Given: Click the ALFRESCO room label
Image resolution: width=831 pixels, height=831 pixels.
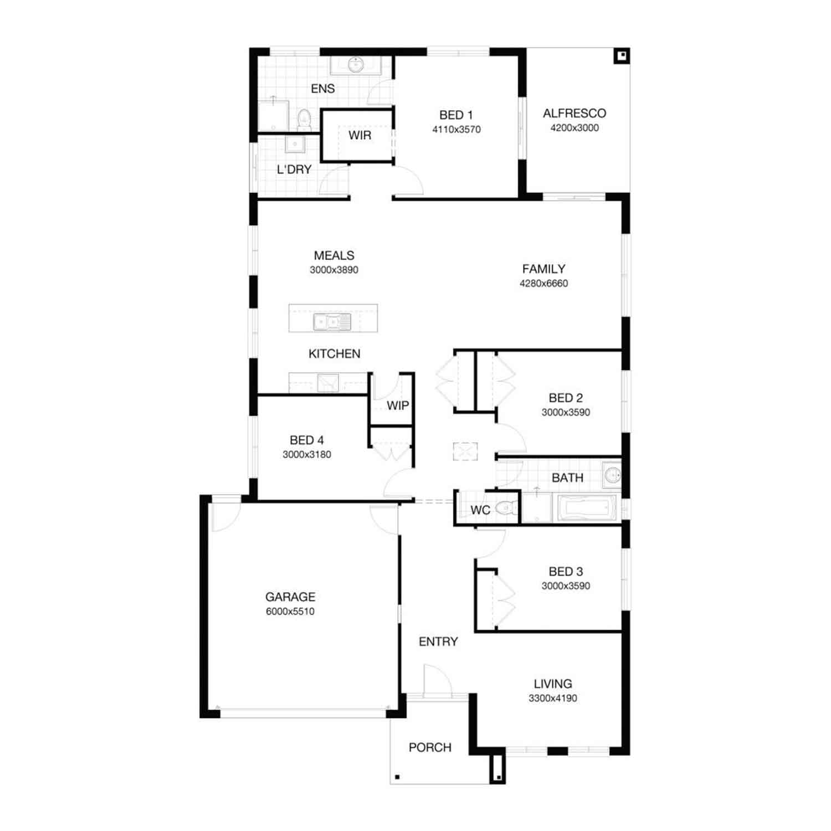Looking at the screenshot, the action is (x=574, y=114).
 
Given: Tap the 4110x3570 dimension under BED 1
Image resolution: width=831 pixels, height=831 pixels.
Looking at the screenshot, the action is (x=456, y=130).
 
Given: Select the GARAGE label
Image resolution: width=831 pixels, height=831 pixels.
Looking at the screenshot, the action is (x=290, y=597).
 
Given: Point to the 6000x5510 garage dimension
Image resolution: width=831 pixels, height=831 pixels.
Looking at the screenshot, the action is (x=290, y=612).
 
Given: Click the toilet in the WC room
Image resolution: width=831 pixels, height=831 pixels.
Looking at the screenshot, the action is (x=506, y=507).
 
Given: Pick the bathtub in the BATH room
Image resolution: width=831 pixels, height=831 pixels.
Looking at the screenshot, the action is (x=587, y=508).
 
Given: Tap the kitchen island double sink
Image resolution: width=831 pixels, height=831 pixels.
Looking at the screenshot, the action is (x=332, y=322).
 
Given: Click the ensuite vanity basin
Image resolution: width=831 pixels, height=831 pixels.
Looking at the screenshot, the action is (x=356, y=65).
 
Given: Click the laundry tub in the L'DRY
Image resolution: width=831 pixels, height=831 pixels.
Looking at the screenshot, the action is (x=295, y=144).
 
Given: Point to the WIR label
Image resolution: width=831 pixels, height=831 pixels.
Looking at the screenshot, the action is (x=360, y=136).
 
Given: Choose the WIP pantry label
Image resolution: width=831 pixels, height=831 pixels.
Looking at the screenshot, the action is (x=398, y=406).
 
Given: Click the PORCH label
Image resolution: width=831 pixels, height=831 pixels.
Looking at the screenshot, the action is (x=430, y=748).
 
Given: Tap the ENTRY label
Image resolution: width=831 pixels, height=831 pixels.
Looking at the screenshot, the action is (x=438, y=642).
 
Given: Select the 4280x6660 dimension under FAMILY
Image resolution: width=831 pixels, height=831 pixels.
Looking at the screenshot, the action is (x=543, y=284).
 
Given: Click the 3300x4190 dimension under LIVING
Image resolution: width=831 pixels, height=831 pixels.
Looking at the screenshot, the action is (x=553, y=699).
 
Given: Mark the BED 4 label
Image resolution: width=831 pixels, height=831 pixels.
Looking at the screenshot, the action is (x=307, y=440).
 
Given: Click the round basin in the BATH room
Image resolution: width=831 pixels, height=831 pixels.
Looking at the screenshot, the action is (x=612, y=475).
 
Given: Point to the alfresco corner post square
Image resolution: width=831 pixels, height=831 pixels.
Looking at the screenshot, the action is (x=622, y=55).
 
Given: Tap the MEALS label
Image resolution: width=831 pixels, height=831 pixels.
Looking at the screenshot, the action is (x=334, y=256).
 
